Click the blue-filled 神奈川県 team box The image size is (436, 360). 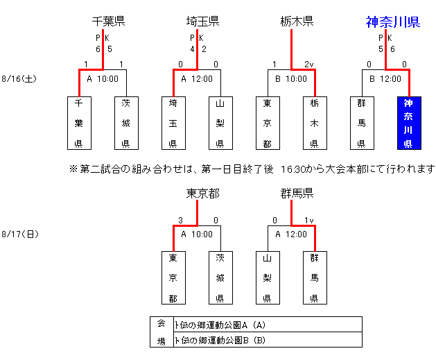[x=408, y=123]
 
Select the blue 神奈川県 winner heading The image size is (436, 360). [x=392, y=22]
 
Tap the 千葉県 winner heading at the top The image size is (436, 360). [x=108, y=22]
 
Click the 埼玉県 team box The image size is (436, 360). [x=173, y=123]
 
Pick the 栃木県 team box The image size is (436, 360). [x=314, y=123]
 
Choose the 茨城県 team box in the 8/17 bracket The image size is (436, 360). [x=220, y=277]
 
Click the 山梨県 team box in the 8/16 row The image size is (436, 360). [x=220, y=123]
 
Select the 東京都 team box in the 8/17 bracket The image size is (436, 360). [x=173, y=277]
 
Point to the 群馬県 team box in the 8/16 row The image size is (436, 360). [x=361, y=123]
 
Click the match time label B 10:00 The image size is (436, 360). [x=291, y=79]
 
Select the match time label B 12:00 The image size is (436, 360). [x=385, y=79]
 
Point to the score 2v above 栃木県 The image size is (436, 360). [x=308, y=65]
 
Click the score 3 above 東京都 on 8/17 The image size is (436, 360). [x=180, y=221]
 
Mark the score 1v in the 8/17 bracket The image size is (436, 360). [x=308, y=221]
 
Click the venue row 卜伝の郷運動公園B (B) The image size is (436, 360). [x=220, y=340]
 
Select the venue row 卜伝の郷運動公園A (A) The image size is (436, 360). [x=220, y=325]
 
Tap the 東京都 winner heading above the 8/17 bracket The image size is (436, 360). [x=202, y=193]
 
